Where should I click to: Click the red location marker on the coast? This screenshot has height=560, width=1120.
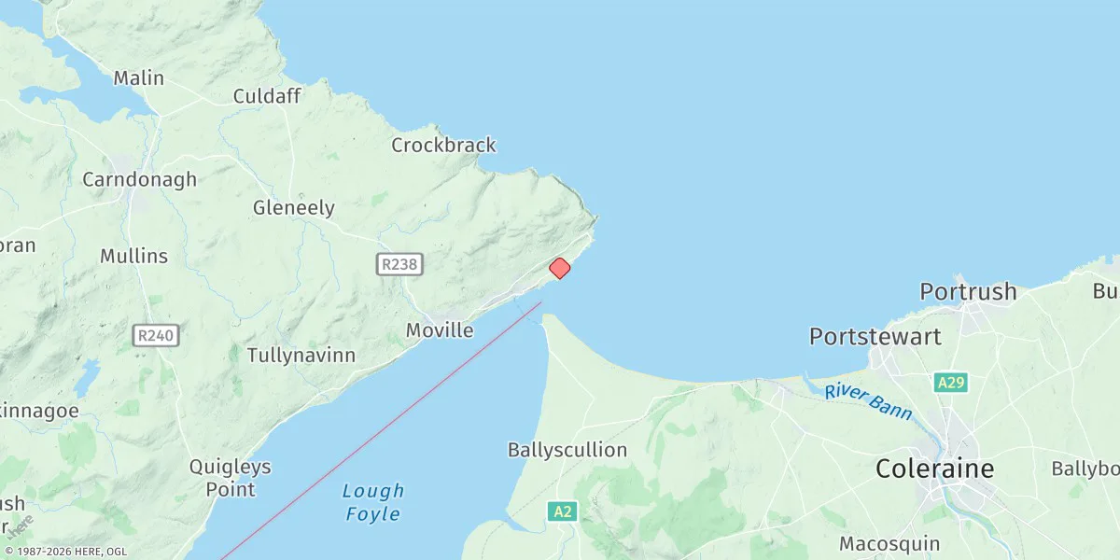[x=559, y=269]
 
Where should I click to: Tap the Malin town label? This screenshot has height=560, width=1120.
[x=139, y=78]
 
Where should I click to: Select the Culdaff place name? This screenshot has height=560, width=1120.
[x=267, y=96]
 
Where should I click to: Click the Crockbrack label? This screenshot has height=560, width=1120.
[x=443, y=146]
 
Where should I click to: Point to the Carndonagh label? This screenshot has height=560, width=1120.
[x=139, y=179]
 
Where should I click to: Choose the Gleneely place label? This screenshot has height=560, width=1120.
[x=293, y=208]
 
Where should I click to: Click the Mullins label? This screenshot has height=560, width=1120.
[x=134, y=256]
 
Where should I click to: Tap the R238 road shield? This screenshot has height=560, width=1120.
[x=399, y=265]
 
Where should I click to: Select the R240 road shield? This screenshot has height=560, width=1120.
[x=156, y=336]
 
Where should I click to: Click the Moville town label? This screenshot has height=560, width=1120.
[x=440, y=330]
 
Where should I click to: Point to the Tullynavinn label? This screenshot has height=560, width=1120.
[x=301, y=356]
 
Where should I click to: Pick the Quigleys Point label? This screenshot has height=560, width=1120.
[x=230, y=477]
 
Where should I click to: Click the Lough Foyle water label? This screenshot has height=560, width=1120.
[x=373, y=502]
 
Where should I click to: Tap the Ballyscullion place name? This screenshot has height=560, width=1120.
[x=567, y=450]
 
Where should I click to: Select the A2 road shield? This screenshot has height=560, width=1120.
[x=562, y=511]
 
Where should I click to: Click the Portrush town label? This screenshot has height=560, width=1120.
[x=968, y=291]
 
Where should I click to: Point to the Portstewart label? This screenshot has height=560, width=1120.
[x=875, y=336]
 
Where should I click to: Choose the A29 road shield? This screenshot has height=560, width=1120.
[x=949, y=383]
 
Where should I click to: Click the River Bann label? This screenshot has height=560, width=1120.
[x=868, y=400]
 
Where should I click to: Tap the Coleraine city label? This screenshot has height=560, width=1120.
[x=934, y=469]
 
